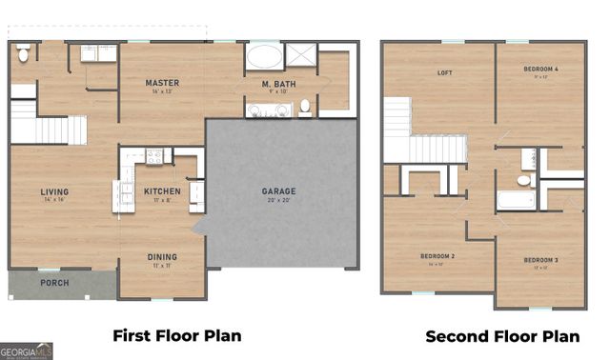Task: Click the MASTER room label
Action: [x=162, y=84]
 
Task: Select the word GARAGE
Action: [x=278, y=191]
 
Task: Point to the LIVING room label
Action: [x=54, y=191]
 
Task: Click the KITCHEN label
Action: [x=161, y=191]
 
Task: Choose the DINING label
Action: [x=161, y=256]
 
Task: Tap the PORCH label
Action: [x=53, y=283]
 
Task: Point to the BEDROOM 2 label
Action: [x=437, y=256]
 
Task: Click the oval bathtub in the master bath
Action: [x=264, y=56]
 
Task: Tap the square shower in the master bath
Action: [x=303, y=55]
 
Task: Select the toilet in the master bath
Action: [x=305, y=106]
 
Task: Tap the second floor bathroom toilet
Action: [x=523, y=179]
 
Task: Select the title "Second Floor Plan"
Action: [x=501, y=335]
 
